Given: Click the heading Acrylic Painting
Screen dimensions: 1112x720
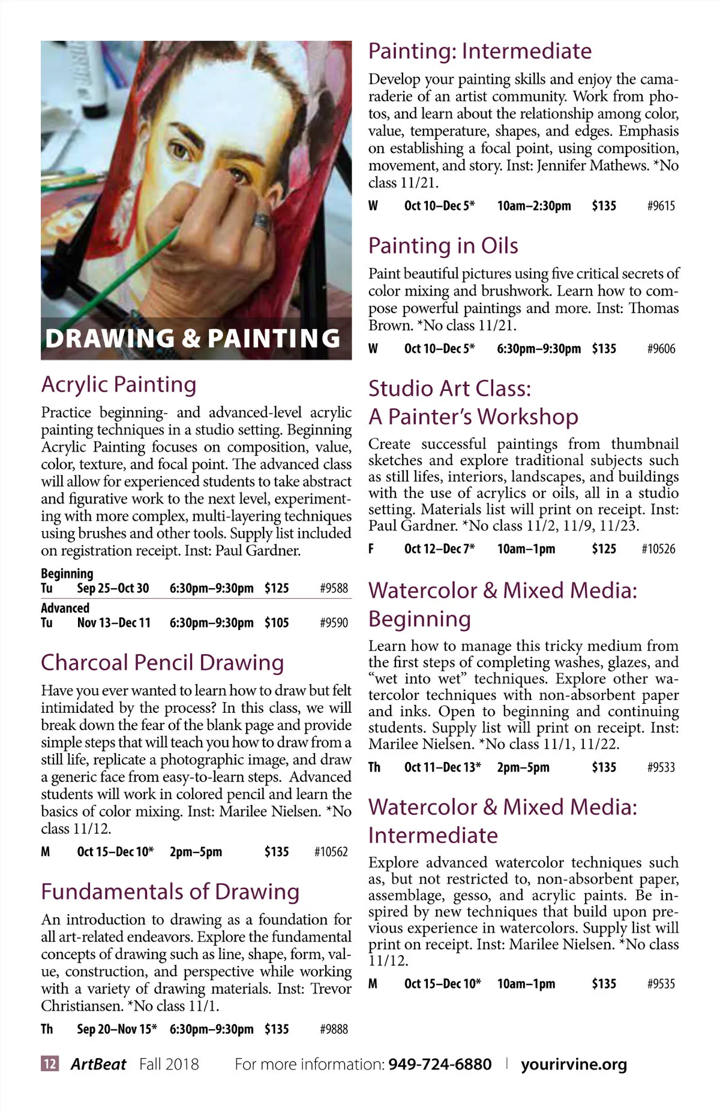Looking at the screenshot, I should pyautogui.click(x=119, y=385).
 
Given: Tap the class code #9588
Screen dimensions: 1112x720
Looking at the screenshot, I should pyautogui.click(x=334, y=588).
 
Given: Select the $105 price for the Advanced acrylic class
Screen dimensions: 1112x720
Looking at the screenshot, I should pyautogui.click(x=277, y=623).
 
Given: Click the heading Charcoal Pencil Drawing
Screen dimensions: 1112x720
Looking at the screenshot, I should pyautogui.click(x=162, y=662).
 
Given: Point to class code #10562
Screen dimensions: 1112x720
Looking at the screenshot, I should pyautogui.click(x=331, y=852).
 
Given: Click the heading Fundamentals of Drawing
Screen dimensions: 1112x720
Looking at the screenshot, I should pyautogui.click(x=170, y=892).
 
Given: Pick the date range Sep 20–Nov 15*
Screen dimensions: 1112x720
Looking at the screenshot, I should pyautogui.click(x=117, y=1029).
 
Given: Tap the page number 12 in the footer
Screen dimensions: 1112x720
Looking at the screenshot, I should pyautogui.click(x=50, y=1064).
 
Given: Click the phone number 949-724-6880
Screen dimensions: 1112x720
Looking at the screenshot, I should pyautogui.click(x=440, y=1064).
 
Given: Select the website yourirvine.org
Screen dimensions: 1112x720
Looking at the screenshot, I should pyautogui.click(x=574, y=1064).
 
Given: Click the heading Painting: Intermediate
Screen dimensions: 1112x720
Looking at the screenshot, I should pyautogui.click(x=480, y=52).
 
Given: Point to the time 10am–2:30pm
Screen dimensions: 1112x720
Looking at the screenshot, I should pyautogui.click(x=534, y=206).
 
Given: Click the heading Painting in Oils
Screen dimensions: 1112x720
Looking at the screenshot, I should pyautogui.click(x=443, y=246).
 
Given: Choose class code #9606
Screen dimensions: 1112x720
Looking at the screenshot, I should pyautogui.click(x=661, y=349).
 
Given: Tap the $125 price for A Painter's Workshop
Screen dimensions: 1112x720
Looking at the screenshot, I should pyautogui.click(x=604, y=549).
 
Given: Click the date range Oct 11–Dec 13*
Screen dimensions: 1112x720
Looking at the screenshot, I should pyautogui.click(x=443, y=767).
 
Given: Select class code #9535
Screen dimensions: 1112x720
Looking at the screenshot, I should pyautogui.click(x=661, y=984).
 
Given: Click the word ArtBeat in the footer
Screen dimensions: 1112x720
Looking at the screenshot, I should pyautogui.click(x=98, y=1064).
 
